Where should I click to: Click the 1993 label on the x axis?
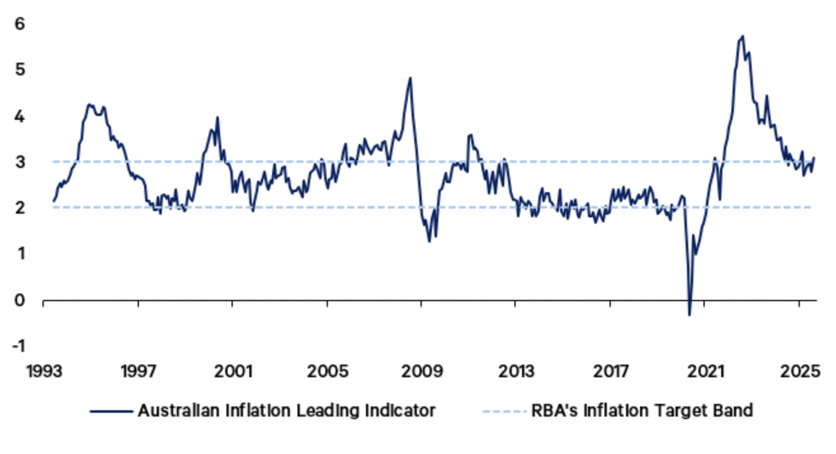click(x=43, y=372)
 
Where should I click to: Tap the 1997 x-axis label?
click(x=138, y=372)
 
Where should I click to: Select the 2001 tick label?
click(x=232, y=372)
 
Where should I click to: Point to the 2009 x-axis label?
click(x=421, y=372)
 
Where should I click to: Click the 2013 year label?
click(x=516, y=372)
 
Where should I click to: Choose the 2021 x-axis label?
click(x=705, y=372)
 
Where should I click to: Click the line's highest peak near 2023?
click(x=742, y=36)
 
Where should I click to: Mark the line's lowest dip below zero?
click(x=689, y=315)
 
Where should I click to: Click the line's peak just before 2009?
click(x=410, y=78)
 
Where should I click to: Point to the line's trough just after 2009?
click(x=429, y=242)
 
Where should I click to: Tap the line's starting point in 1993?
click(x=53, y=201)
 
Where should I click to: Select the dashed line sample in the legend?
click(x=504, y=411)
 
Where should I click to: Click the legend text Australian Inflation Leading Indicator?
click(x=287, y=411)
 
